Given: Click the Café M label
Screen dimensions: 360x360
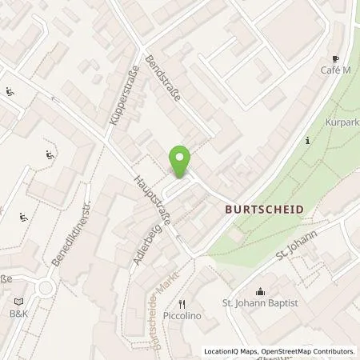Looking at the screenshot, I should coord(335,71).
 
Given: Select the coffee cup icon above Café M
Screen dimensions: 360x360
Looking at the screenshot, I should coord(335,59).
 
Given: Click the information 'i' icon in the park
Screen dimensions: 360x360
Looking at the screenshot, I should coord(308,141).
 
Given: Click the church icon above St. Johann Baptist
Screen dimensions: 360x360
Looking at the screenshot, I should coord(259,291).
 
